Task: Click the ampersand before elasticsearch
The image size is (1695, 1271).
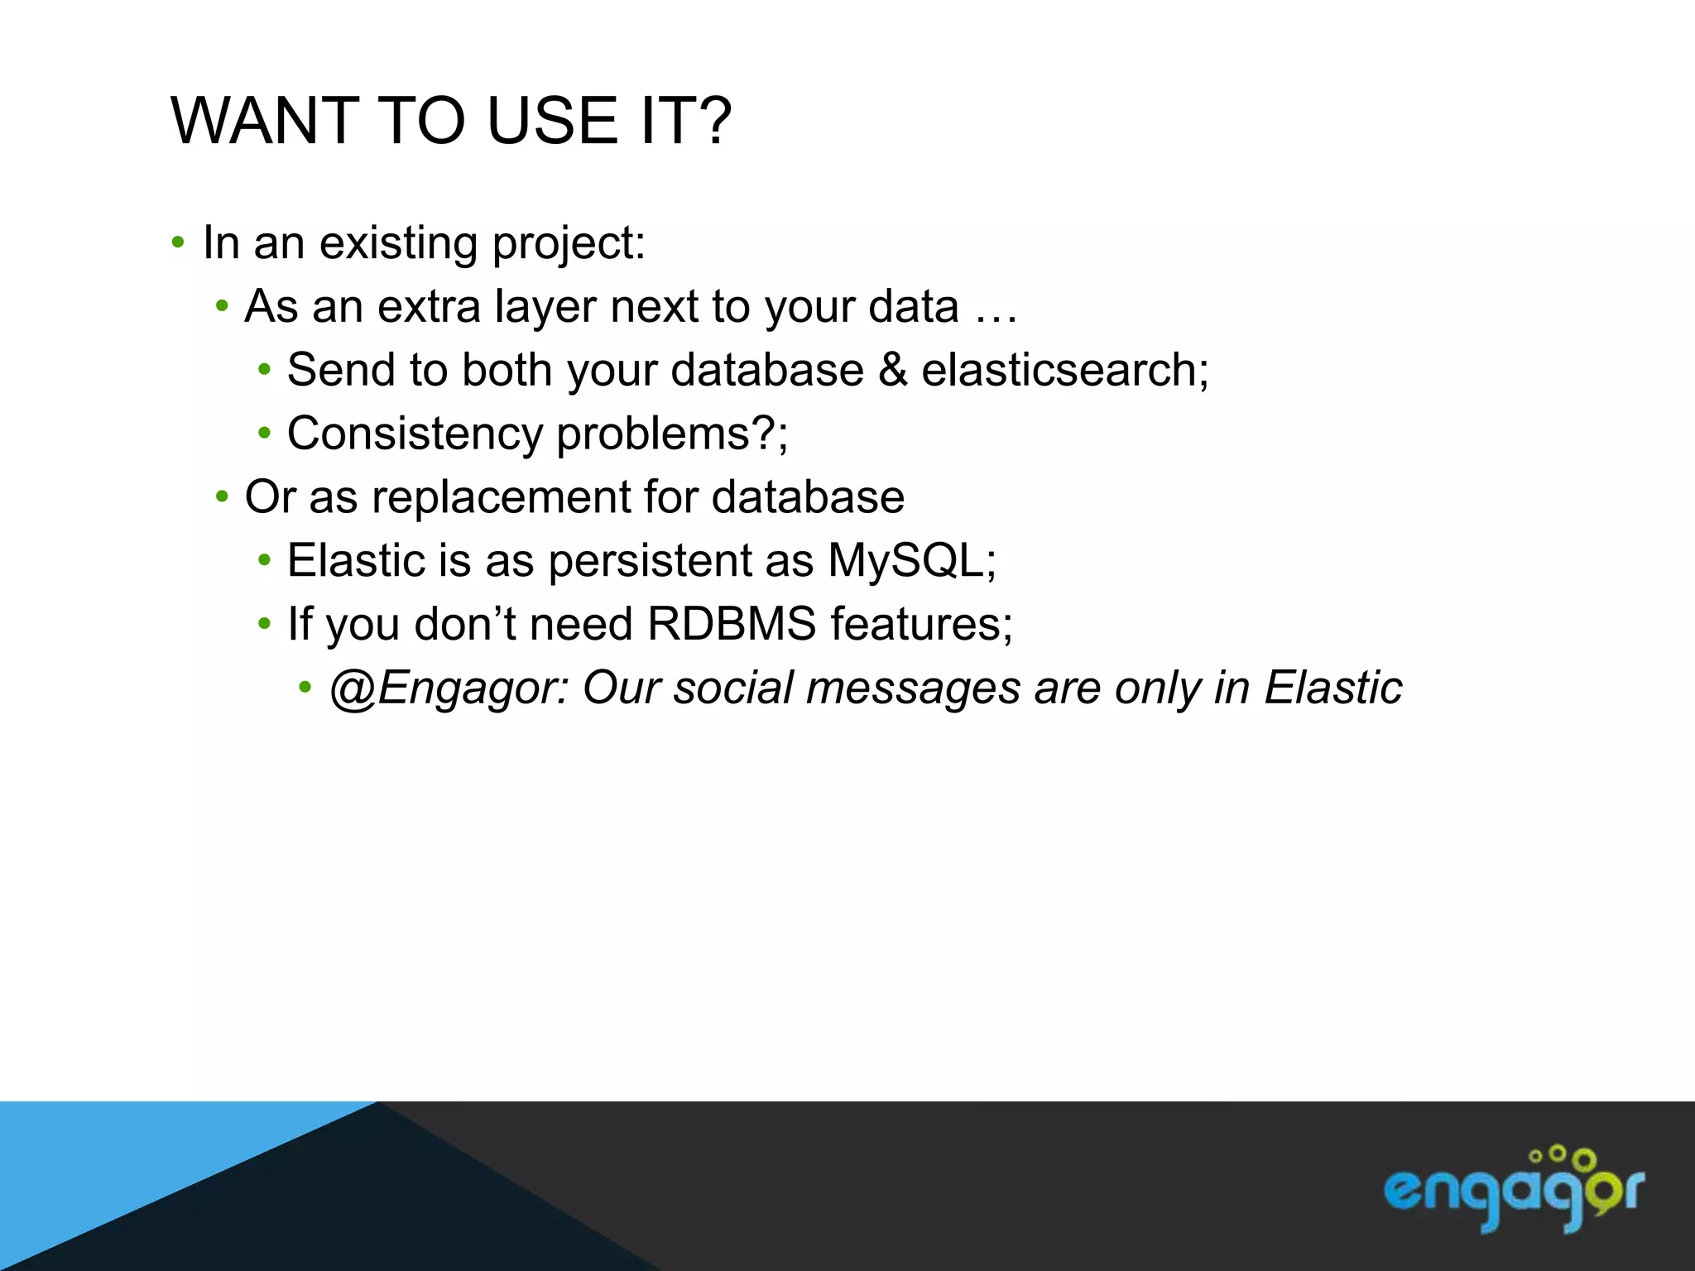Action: [x=892, y=370]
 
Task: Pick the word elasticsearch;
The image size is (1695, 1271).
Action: [x=1064, y=370]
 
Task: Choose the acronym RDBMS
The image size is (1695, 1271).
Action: [x=732, y=625]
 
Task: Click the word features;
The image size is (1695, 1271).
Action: [x=921, y=625]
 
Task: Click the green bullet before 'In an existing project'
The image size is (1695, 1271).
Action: [x=177, y=243]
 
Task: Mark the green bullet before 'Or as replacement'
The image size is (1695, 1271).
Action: [x=221, y=497]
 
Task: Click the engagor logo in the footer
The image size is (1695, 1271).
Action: [x=1514, y=1190]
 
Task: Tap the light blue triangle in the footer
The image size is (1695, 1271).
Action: [x=124, y=1175]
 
